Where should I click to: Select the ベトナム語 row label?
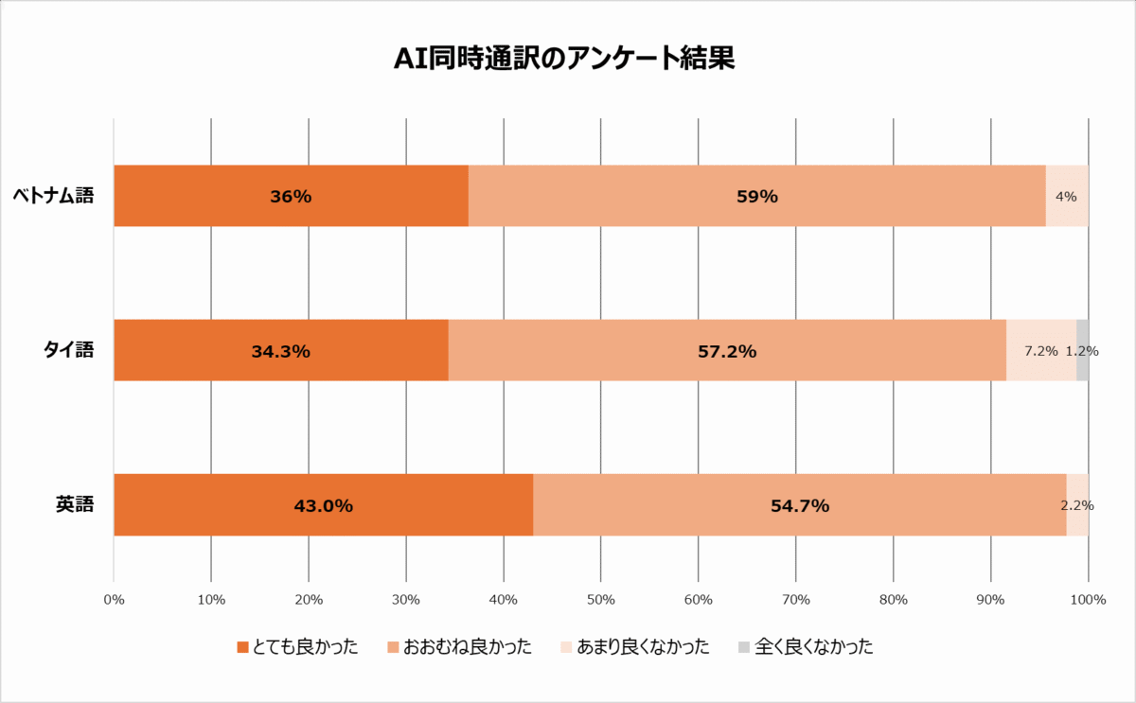(x=53, y=196)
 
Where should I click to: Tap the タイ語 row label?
(x=69, y=350)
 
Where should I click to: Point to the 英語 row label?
(x=75, y=504)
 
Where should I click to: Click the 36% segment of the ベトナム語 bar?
(x=291, y=196)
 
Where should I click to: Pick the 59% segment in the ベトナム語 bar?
(x=756, y=196)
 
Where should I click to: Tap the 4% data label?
(x=1066, y=197)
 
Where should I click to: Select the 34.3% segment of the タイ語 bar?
(x=280, y=351)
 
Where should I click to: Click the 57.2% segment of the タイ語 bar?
(x=726, y=351)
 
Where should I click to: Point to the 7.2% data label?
(x=1040, y=351)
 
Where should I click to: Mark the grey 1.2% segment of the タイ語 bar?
(x=1082, y=351)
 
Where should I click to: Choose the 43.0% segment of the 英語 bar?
(x=323, y=505)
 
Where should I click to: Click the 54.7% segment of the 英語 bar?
(x=799, y=505)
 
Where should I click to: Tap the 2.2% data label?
(x=1077, y=505)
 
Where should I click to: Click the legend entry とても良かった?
(x=297, y=647)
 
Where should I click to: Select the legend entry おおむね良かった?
(x=459, y=647)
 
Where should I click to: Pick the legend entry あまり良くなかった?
(x=634, y=647)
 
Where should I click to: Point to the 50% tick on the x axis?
(x=601, y=599)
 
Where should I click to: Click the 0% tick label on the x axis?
(x=114, y=599)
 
